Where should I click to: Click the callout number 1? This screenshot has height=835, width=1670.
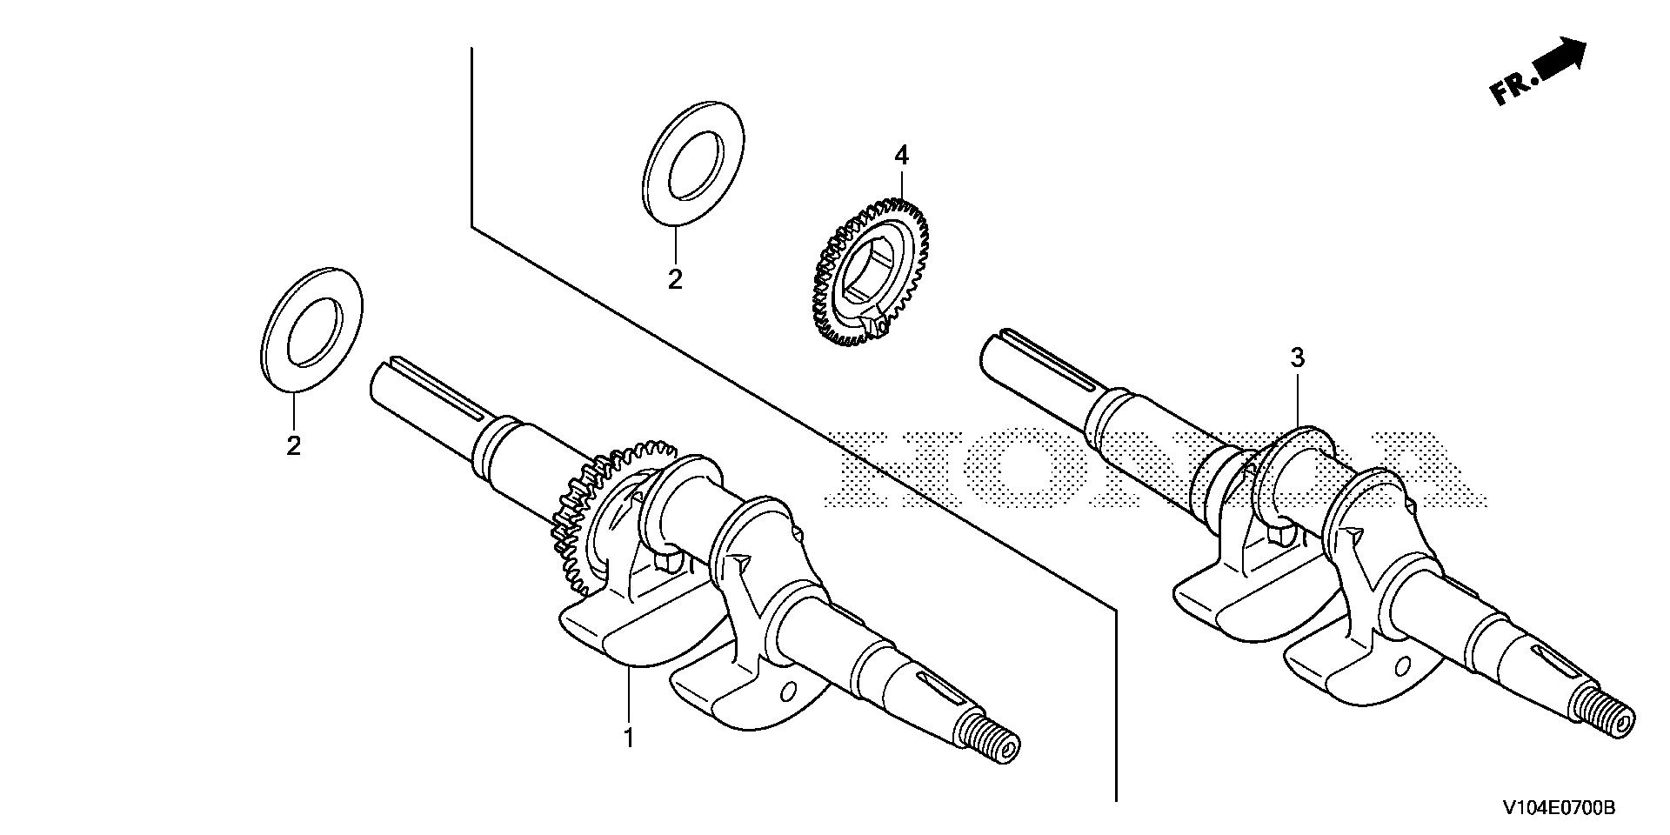[628, 738]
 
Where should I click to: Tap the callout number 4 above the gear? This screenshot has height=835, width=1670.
[901, 157]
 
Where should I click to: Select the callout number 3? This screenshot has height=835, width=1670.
[1297, 357]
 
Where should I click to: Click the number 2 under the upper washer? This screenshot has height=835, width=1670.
[675, 280]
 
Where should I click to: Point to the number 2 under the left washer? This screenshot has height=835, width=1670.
[294, 446]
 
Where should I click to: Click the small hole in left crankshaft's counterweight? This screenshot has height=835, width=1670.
[788, 693]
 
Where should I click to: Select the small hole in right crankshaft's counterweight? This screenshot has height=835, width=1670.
[1403, 667]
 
